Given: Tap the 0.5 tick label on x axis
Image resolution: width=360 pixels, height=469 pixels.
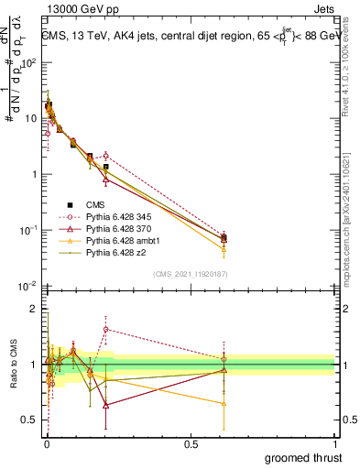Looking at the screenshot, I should point(191,442).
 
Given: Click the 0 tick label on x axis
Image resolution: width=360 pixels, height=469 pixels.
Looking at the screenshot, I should point(47,442).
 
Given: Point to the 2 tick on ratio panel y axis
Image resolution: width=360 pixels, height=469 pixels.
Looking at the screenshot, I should point(35,310).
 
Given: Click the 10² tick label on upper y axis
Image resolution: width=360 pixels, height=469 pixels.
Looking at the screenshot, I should point(29,62).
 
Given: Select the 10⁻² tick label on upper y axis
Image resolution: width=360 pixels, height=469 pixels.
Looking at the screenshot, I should point(29,286).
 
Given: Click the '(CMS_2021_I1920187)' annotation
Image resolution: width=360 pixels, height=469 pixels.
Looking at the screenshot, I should point(190,274).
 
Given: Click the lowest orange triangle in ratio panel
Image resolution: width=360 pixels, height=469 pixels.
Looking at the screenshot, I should point(224,403).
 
